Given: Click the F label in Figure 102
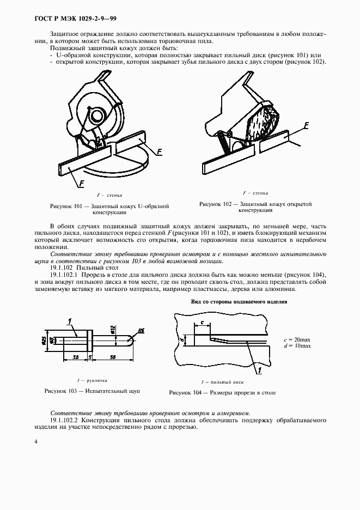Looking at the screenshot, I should point(306,125).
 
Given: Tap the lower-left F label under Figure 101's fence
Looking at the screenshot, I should point(81,184).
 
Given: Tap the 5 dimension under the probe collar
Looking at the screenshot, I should point(89,357).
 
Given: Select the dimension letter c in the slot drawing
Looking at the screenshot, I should point(202,322).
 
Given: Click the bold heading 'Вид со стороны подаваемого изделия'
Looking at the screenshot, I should point(239,301).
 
